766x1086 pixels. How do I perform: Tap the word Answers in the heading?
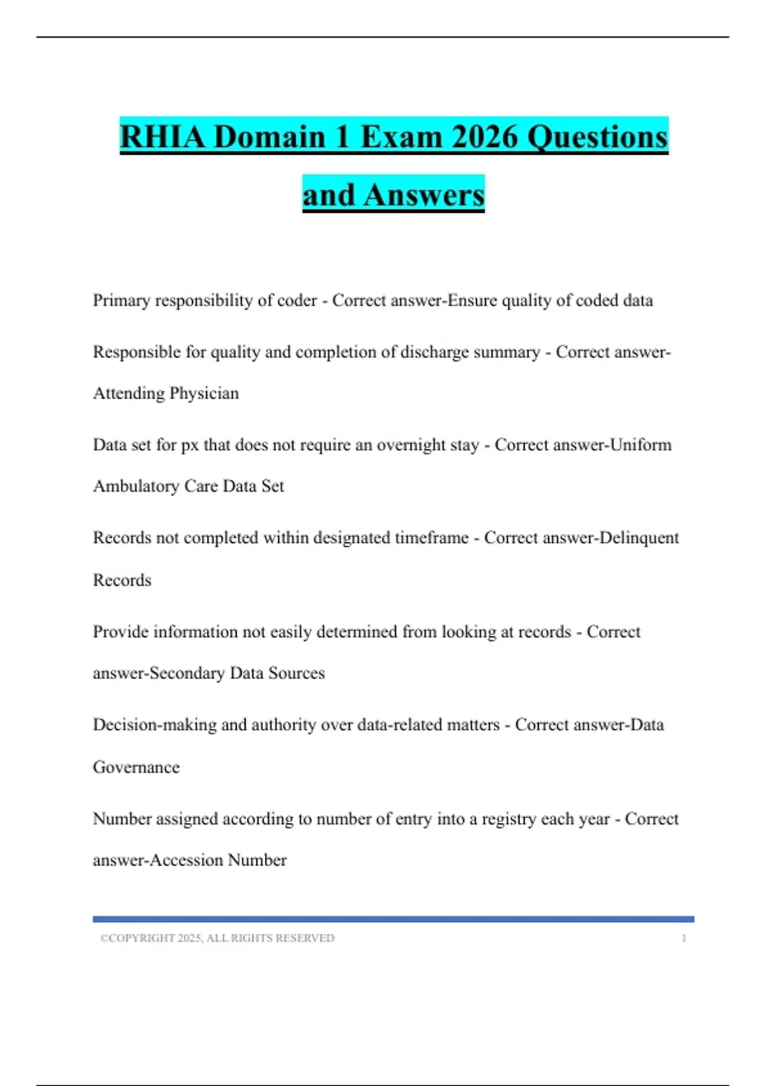pyautogui.click(x=424, y=195)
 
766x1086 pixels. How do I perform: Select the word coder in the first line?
pyautogui.click(x=296, y=300)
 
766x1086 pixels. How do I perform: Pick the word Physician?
pyautogui.click(x=204, y=393)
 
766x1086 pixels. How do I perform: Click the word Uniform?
pyautogui.click(x=641, y=445)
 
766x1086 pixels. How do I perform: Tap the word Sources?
pyautogui.click(x=296, y=673)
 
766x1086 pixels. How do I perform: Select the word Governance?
pyautogui.click(x=136, y=767)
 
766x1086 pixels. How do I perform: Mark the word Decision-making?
pyautogui.click(x=154, y=725)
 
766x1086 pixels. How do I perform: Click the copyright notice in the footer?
pyautogui.click(x=217, y=938)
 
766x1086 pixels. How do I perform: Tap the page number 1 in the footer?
pyautogui.click(x=684, y=938)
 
